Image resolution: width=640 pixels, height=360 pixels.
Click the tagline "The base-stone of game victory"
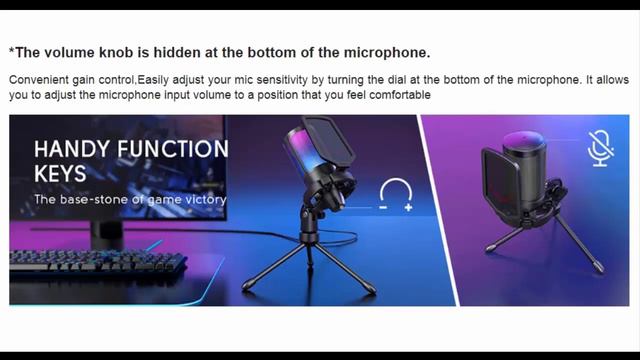tap(130, 199)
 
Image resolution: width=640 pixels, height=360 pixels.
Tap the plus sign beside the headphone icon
tap(409, 207)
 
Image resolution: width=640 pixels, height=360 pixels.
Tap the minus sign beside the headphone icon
tap(383, 207)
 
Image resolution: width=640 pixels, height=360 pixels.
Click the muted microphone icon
tap(600, 148)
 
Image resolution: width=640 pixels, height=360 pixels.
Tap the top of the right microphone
tap(523, 138)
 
